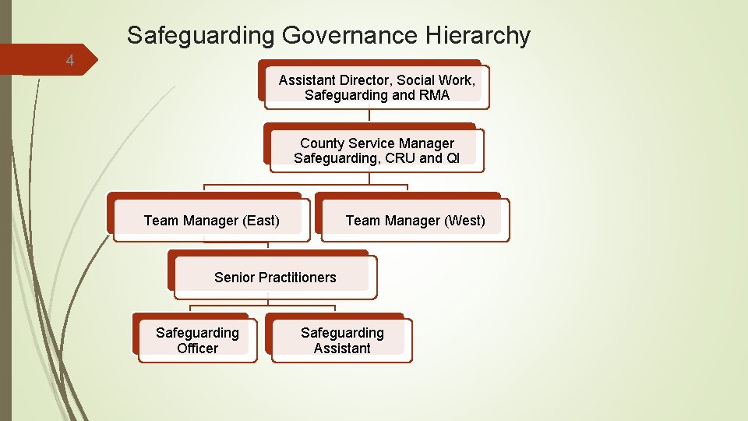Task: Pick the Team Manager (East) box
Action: pyautogui.click(x=211, y=221)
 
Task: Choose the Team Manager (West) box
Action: pyautogui.click(x=415, y=221)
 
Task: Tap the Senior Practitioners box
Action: pyautogui.click(x=275, y=278)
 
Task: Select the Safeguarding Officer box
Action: pyautogui.click(x=197, y=341)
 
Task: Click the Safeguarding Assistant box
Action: pyautogui.click(x=342, y=341)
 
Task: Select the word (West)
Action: pyautogui.click(x=464, y=221)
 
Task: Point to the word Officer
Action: pyautogui.click(x=197, y=348)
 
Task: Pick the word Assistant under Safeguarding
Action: pyautogui.click(x=342, y=348)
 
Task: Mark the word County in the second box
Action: pyautogui.click(x=321, y=143)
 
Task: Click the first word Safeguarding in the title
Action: pyautogui.click(x=200, y=35)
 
